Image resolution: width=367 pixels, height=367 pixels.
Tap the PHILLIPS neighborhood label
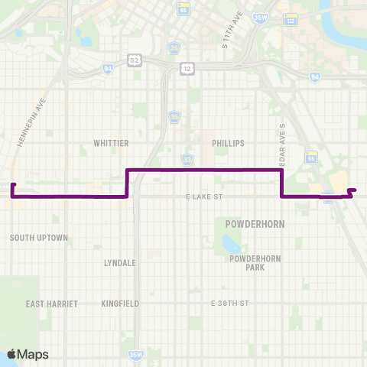pyautogui.click(x=227, y=143)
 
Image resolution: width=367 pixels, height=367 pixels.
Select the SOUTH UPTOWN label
pyautogui.click(x=39, y=238)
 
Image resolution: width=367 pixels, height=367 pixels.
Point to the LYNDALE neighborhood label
pyautogui.click(x=120, y=262)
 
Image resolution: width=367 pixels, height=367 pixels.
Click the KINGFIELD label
pyautogui.click(x=120, y=304)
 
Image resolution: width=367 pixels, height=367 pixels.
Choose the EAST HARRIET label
pyautogui.click(x=52, y=304)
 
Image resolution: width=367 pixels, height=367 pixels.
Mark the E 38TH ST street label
pyautogui.click(x=230, y=304)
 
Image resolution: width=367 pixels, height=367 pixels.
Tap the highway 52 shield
pyautogui.click(x=135, y=59)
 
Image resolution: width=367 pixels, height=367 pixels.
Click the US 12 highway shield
pyautogui.click(x=187, y=69)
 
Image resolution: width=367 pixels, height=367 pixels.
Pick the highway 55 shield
pyautogui.click(x=311, y=157)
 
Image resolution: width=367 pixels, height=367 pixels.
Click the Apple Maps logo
pyautogui.click(x=28, y=354)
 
